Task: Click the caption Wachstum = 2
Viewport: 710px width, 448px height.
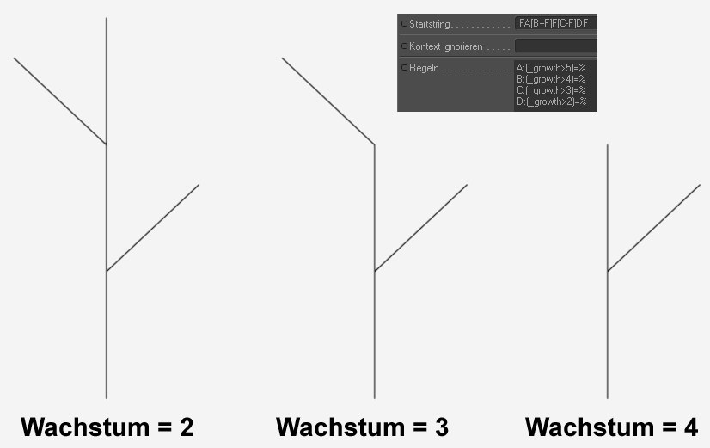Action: [x=107, y=427]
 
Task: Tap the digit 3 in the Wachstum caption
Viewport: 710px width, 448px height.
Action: [x=441, y=427]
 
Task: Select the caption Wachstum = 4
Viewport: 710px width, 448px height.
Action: [x=611, y=427]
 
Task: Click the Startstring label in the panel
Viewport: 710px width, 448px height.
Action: [x=431, y=23]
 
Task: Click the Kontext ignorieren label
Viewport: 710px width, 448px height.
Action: [x=446, y=46]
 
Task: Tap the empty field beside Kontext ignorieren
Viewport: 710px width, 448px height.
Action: [x=554, y=46]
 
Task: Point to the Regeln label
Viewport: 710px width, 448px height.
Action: [x=425, y=67]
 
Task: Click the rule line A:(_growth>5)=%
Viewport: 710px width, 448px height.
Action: [x=551, y=67]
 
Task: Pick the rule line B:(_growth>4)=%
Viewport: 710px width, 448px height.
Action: [x=551, y=78]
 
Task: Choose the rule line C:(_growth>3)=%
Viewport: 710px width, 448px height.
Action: [x=551, y=89]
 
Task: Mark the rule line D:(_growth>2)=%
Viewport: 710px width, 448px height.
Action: [x=551, y=101]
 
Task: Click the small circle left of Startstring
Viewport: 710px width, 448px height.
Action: [x=404, y=23]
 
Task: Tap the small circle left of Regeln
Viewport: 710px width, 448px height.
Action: [x=404, y=67]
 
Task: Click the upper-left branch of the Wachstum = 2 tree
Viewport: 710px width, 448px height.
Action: [x=59, y=101]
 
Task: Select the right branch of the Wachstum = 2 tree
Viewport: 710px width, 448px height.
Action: [x=153, y=228]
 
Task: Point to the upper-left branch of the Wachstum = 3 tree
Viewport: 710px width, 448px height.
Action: [x=327, y=101]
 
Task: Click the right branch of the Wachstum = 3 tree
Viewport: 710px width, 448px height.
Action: [x=421, y=228]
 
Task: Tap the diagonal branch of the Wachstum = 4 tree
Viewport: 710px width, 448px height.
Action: [x=654, y=228]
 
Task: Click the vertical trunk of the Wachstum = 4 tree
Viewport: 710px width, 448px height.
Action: [x=608, y=335]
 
